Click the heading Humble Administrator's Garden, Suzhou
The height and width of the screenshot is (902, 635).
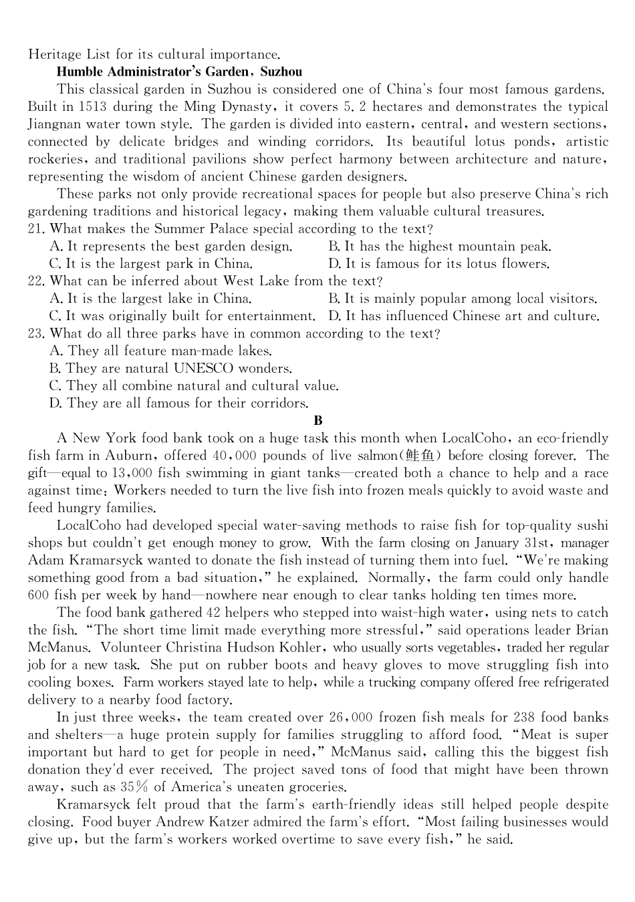179,72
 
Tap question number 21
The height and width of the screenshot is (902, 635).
36,229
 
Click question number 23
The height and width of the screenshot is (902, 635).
36,333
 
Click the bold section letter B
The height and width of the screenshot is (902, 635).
317,420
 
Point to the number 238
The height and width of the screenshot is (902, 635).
525,718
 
